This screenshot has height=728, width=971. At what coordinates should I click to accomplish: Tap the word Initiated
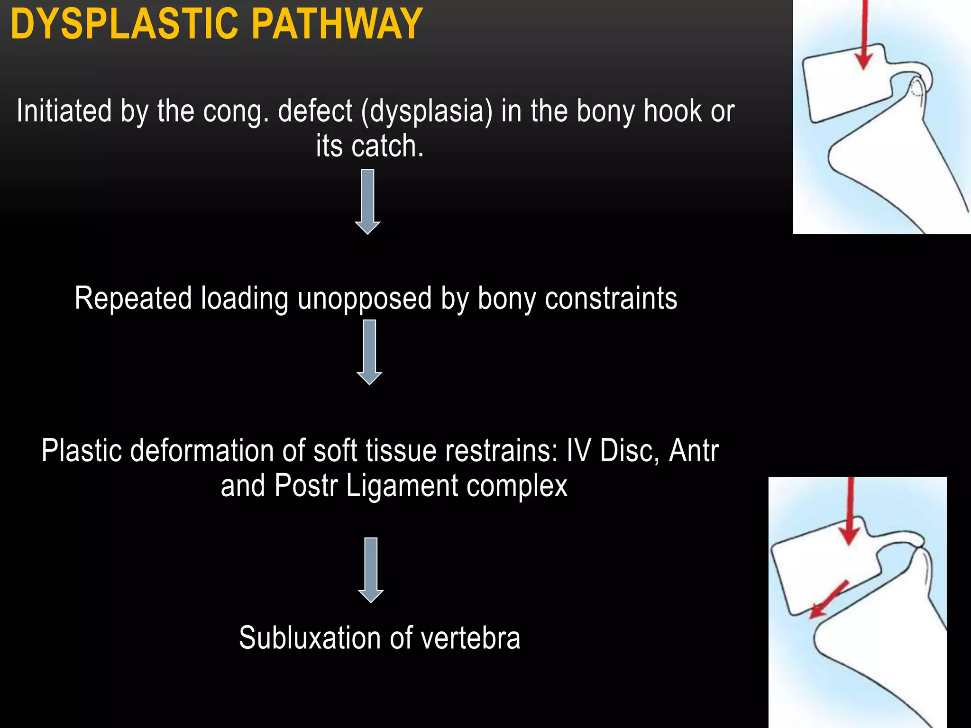click(x=64, y=111)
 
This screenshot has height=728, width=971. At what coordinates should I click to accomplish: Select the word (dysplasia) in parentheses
click(x=427, y=112)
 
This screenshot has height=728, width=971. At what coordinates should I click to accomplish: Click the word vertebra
click(x=470, y=638)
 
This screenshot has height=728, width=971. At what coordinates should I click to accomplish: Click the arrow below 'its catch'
click(x=367, y=201)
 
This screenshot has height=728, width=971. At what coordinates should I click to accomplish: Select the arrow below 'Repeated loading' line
click(x=369, y=352)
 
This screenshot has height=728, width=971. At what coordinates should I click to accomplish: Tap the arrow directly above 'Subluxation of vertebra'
click(x=371, y=570)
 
